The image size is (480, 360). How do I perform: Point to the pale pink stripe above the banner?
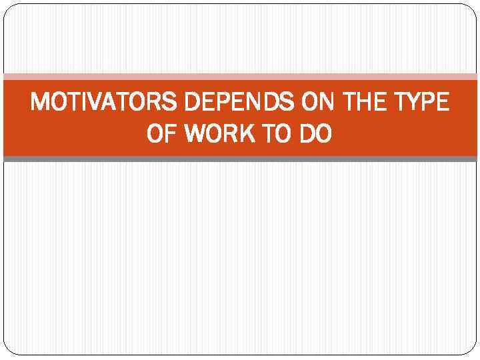[x=240, y=77]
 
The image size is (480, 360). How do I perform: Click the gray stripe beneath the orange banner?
[x=240, y=159]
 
